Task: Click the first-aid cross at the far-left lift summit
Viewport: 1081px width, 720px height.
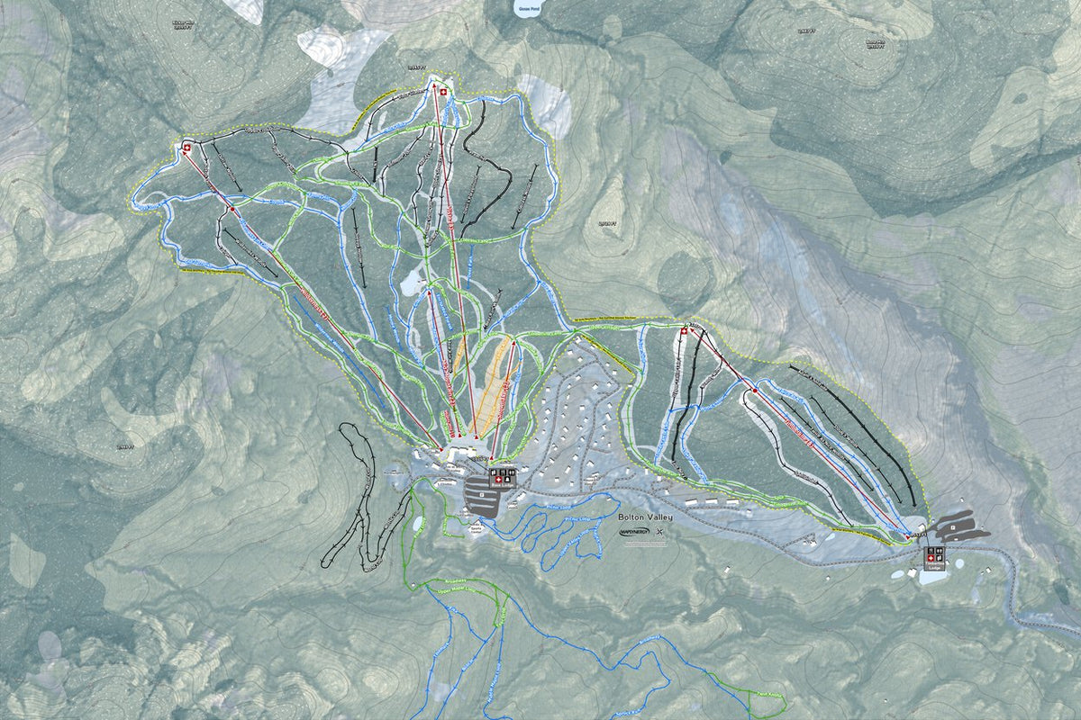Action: click(x=187, y=147)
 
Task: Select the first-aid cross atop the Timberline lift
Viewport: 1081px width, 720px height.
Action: click(x=683, y=333)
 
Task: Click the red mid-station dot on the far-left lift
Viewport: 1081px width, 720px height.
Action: click(x=232, y=209)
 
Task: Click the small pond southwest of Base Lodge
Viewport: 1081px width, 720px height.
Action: click(x=418, y=523)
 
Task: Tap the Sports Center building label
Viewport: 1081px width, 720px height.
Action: click(x=476, y=532)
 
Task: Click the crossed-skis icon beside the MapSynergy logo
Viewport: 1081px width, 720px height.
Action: click(x=662, y=532)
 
